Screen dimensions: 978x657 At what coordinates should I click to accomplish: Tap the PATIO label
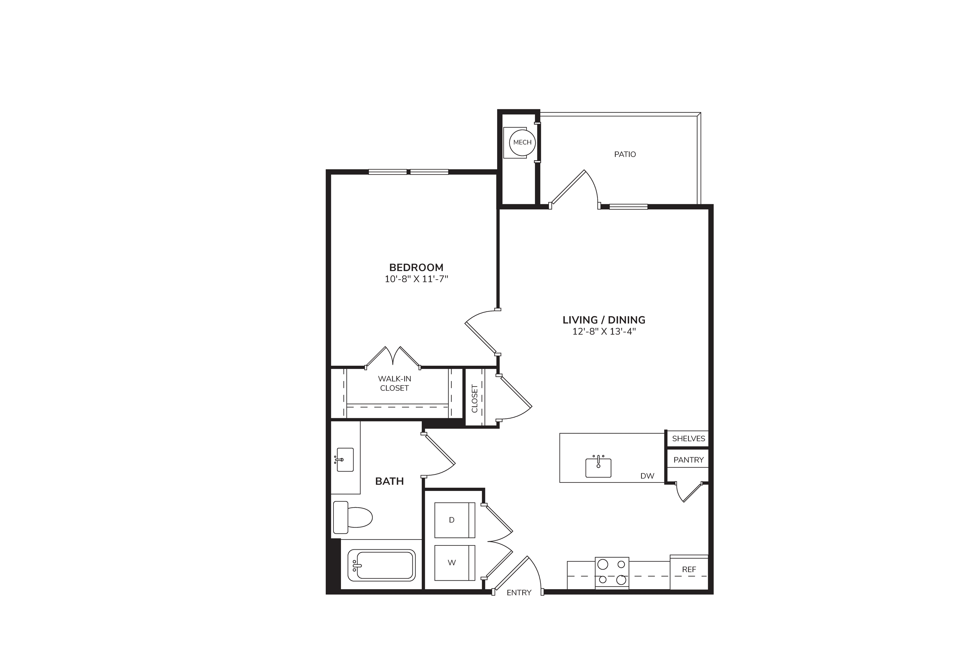click(625, 154)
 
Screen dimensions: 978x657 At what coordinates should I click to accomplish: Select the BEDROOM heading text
click(416, 267)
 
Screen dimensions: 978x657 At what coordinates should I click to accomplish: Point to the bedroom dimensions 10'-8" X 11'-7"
click(416, 279)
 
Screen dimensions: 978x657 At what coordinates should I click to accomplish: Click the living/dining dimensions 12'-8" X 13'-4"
click(604, 332)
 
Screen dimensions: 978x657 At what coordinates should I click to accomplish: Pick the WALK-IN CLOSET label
click(394, 383)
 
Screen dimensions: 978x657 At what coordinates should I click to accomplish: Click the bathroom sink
click(344, 460)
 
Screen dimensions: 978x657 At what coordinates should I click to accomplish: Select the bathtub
click(381, 566)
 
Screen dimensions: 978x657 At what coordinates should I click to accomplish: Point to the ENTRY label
click(519, 592)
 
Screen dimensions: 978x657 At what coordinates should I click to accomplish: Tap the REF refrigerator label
click(689, 570)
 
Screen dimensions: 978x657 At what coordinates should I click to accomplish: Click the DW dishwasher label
click(647, 476)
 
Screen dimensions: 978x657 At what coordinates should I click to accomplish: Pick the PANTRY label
click(688, 460)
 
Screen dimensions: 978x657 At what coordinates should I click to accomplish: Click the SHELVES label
click(688, 439)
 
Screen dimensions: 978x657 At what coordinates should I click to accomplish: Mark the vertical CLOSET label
click(474, 399)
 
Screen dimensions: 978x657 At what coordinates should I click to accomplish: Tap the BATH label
click(389, 481)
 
